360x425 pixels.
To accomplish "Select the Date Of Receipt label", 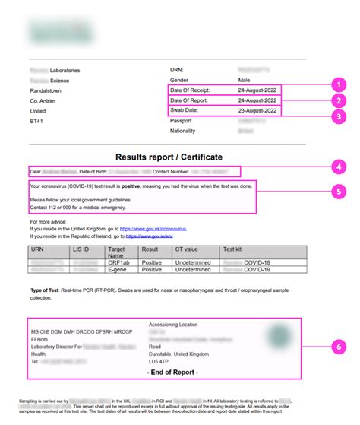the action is (x=190, y=90).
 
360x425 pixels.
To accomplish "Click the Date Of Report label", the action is (x=190, y=100).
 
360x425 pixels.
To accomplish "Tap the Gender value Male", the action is (x=245, y=80).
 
